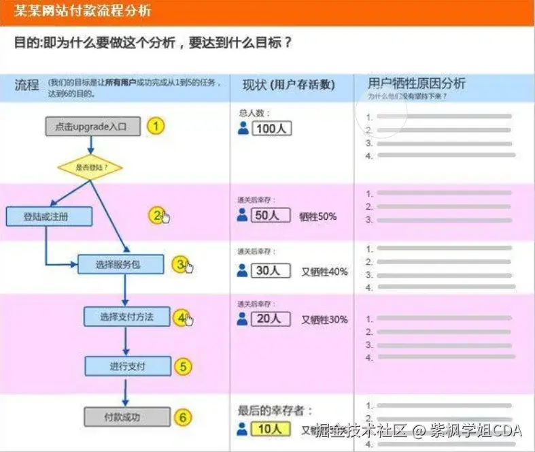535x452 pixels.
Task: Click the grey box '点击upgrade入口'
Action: point(92,127)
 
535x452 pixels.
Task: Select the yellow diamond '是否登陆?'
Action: point(90,167)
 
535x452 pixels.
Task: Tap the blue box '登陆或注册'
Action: point(48,216)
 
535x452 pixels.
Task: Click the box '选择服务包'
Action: point(120,264)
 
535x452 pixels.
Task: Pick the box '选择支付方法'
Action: point(126,317)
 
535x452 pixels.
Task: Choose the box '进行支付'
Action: point(127,366)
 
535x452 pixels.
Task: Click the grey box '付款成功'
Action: point(126,417)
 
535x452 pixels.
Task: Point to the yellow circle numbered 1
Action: point(156,127)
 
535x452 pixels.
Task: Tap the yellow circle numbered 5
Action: point(182,366)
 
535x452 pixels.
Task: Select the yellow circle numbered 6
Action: point(182,417)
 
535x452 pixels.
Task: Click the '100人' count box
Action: point(271,128)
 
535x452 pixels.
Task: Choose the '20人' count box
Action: point(271,319)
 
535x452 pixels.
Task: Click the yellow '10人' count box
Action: point(271,429)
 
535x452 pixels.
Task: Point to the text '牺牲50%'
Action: point(317,216)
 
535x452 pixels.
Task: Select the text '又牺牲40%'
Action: point(324,271)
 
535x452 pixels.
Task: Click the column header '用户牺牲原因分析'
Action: point(416,84)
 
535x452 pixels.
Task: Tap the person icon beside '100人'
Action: point(243,128)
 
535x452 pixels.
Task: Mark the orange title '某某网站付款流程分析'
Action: point(83,12)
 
